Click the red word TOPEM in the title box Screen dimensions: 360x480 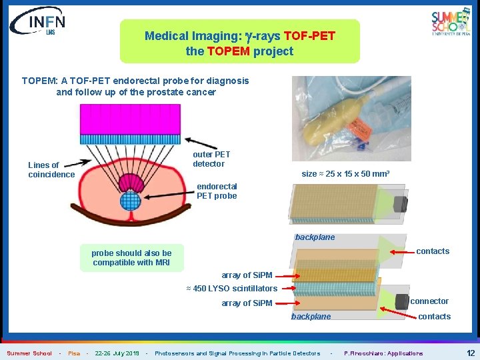tap(229, 51)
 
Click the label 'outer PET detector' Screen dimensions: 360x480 tap(211, 159)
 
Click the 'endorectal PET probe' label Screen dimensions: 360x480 tap(217, 191)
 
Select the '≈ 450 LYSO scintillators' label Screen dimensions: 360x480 tap(231, 289)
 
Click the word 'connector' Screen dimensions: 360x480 tap(429, 301)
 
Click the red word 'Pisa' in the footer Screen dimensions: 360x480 tap(74, 353)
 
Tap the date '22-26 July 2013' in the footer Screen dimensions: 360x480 tap(117, 353)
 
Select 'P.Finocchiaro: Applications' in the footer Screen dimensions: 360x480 tap(383, 353)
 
